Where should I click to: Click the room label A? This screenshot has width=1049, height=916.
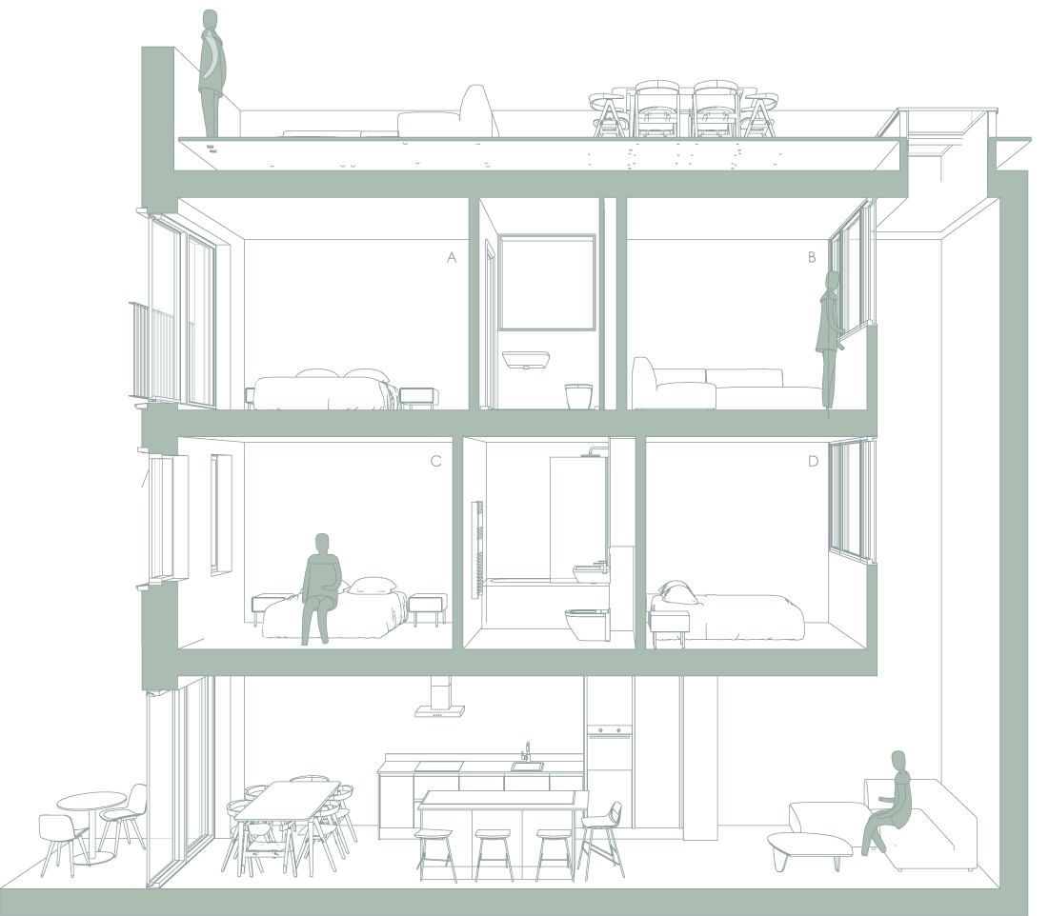pos(453,257)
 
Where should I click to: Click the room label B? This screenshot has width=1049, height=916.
pos(812,257)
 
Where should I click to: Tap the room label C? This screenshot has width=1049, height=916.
pos(436,462)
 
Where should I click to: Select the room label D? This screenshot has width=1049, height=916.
pos(813,462)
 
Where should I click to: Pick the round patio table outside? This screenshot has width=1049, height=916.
pos(91,802)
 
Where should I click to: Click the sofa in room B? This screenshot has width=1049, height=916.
pos(724,386)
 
